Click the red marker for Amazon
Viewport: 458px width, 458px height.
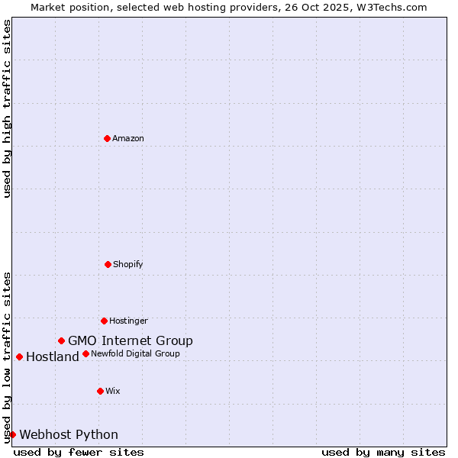point(107,138)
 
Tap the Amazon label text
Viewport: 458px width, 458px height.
point(128,139)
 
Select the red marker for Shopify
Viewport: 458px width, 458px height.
point(108,264)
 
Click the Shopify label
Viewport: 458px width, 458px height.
point(128,265)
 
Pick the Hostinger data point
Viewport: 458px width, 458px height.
point(104,321)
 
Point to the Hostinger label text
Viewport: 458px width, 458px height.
point(128,321)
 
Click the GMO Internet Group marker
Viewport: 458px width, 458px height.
point(61,340)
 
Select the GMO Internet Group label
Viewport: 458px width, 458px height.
point(131,341)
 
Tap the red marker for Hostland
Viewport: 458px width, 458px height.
point(19,356)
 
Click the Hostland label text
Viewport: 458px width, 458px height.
point(53,357)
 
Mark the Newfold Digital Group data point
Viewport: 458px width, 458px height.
point(85,353)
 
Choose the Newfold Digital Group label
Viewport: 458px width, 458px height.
point(135,354)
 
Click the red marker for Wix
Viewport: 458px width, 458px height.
point(100,391)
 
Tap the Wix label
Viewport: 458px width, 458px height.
point(113,392)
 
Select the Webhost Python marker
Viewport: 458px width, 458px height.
point(12,434)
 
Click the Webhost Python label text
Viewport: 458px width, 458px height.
point(69,435)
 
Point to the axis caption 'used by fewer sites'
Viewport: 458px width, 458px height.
point(79,453)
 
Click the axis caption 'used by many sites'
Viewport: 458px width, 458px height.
point(383,453)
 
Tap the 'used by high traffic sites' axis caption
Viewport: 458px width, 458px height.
point(7,108)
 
